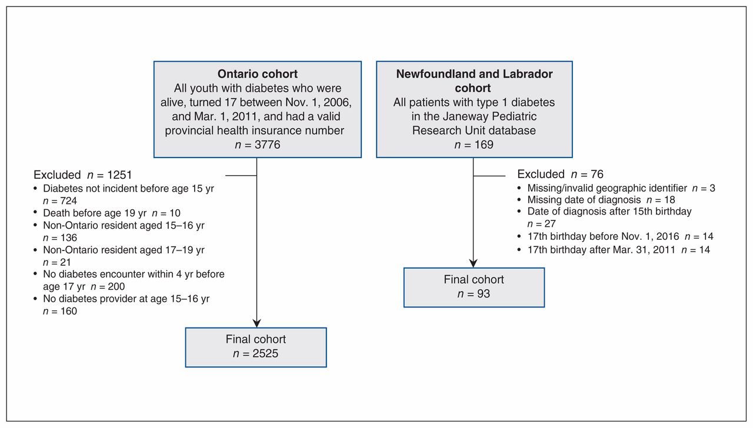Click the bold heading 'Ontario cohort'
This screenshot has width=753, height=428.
[x=258, y=74]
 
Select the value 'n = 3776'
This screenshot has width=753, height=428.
[x=258, y=145]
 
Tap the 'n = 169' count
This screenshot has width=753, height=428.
[x=474, y=145]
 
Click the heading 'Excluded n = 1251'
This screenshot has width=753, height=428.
[x=83, y=175]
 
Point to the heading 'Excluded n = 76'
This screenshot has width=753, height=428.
[x=561, y=174]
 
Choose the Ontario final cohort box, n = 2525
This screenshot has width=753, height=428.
[x=256, y=347]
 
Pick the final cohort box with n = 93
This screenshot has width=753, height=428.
[x=474, y=287]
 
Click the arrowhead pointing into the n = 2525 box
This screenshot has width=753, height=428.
[x=257, y=323]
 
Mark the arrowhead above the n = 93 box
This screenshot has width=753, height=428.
[x=474, y=263]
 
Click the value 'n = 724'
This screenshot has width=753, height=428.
[x=60, y=201]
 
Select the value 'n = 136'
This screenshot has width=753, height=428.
[x=60, y=238]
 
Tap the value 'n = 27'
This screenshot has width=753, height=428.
[x=542, y=224]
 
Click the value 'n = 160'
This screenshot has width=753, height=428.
[x=60, y=312]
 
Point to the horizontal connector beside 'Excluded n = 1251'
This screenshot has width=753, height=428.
[x=241, y=175]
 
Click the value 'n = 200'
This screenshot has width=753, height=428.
[x=108, y=286]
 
